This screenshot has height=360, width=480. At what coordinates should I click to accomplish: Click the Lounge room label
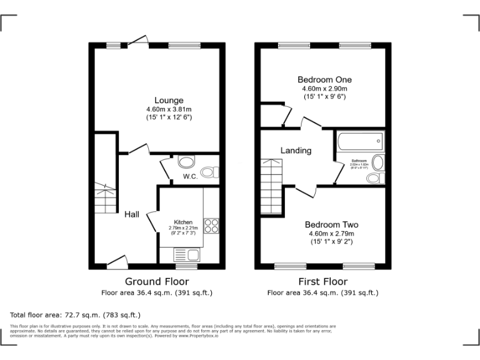click(x=169, y=100)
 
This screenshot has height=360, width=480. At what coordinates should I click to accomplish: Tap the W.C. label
click(x=191, y=177)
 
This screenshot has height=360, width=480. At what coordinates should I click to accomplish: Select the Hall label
click(x=131, y=214)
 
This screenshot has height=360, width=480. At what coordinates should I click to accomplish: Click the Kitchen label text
click(x=183, y=222)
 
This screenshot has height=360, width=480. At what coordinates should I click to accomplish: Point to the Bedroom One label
click(x=324, y=79)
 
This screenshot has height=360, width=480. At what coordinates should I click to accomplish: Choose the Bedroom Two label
click(x=331, y=224)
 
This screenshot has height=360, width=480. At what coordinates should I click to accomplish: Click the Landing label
click(x=296, y=151)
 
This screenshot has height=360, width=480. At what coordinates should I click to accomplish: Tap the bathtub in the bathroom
click(x=359, y=143)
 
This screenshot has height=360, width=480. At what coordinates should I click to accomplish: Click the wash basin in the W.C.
click(x=186, y=162)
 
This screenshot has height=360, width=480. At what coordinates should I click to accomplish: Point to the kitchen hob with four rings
click(x=211, y=225)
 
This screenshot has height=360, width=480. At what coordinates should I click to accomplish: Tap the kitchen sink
click(x=186, y=255)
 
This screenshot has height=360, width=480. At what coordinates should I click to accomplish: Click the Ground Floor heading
click(x=157, y=281)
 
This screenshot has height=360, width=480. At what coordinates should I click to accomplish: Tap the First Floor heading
click(x=322, y=281)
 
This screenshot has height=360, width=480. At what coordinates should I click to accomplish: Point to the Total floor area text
click(x=76, y=315)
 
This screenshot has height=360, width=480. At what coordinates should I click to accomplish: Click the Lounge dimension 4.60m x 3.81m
click(x=169, y=109)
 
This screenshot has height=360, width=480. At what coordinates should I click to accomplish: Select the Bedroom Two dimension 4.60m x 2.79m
click(x=331, y=234)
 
